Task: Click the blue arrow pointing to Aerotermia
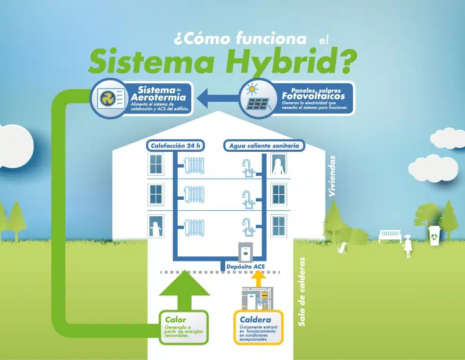point(217,99)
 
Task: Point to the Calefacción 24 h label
point(176,146)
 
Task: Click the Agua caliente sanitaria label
point(264,146)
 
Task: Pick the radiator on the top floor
point(194,166)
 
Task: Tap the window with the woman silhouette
point(278,165)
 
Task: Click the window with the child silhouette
point(155,226)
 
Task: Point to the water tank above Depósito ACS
point(245,250)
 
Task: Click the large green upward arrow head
point(184,285)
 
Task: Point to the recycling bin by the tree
point(434,236)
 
